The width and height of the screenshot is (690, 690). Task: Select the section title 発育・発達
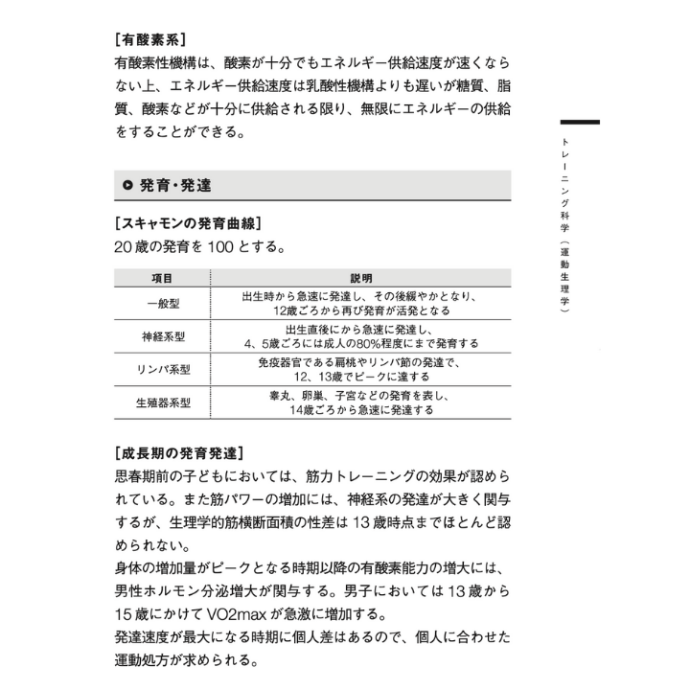pyautogui.click(x=175, y=185)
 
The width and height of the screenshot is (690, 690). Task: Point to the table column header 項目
pyautogui.click(x=162, y=278)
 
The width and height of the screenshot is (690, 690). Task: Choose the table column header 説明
pyautogui.click(x=360, y=278)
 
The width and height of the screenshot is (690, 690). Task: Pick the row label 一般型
pyautogui.click(x=162, y=305)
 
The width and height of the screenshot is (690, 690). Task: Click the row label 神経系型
pyautogui.click(x=162, y=336)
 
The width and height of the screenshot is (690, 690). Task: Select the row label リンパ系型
pyautogui.click(x=162, y=370)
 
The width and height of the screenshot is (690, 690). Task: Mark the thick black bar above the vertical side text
pyautogui.click(x=580, y=123)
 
